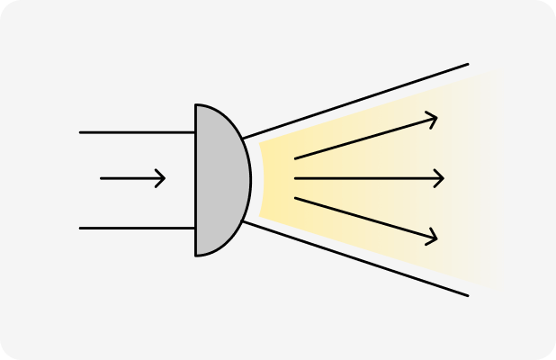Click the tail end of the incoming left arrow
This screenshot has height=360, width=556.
(x=102, y=178)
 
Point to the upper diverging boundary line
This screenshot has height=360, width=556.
(x=360, y=100)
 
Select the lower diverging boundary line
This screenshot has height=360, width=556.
(x=360, y=259)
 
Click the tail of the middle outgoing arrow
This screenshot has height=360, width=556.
(x=296, y=179)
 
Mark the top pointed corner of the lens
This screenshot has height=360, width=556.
(x=196, y=104)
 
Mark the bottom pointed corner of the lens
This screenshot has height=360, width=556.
(x=196, y=256)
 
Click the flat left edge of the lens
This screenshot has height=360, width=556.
(x=195, y=180)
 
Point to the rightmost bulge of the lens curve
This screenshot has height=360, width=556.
(x=251, y=180)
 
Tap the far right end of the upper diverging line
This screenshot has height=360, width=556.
(x=468, y=65)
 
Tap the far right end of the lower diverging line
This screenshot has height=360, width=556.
(x=468, y=294)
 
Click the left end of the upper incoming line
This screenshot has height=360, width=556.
(x=81, y=132)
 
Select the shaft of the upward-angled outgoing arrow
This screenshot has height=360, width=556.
(x=364, y=139)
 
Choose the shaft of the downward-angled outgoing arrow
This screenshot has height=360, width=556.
(x=364, y=218)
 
